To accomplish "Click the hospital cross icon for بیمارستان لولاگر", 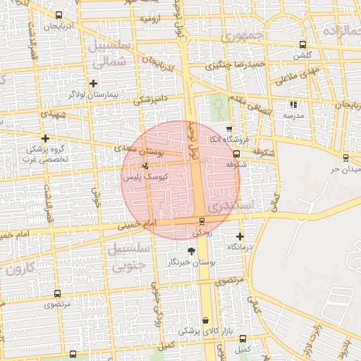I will click(93, 83).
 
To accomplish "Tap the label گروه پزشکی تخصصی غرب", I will click(47, 154).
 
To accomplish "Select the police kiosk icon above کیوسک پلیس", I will click(145, 166).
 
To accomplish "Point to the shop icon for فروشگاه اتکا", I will click(229, 128).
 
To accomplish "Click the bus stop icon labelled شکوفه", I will click(236, 153).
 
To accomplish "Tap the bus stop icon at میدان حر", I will click(345, 158).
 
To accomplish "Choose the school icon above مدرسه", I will click(293, 104).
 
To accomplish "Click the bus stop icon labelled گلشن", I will click(302, 44).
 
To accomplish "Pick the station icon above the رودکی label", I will click(202, 221).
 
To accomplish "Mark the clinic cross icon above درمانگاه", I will click(240, 236).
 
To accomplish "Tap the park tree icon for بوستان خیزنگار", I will click(191, 250).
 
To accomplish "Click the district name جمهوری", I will click(240, 35).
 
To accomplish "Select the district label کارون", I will click(17, 268).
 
